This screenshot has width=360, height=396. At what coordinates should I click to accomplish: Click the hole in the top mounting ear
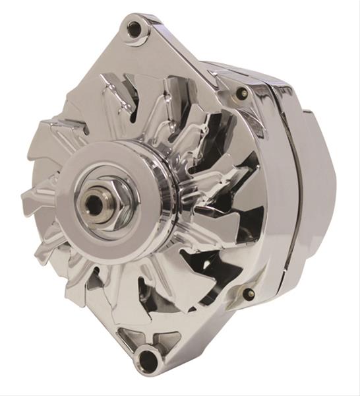135,29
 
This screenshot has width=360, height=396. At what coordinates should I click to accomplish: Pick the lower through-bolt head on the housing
249,293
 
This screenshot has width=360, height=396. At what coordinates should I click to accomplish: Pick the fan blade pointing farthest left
33,197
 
